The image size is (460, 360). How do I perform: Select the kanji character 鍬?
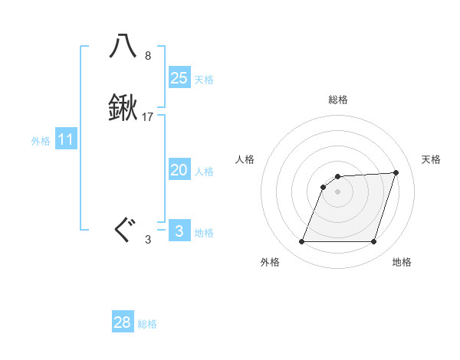[x=123, y=109]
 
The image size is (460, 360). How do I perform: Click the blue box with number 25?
[x=179, y=77]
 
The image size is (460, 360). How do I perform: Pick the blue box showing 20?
[x=179, y=170]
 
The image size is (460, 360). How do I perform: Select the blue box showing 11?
[x=66, y=140]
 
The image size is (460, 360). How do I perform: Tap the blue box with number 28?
[x=123, y=322]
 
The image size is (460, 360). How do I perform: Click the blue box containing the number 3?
[x=179, y=231]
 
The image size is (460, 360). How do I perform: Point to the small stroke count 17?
[x=148, y=117]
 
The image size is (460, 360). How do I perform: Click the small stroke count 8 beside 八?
[x=148, y=56]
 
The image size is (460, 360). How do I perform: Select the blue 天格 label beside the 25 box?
[x=204, y=80]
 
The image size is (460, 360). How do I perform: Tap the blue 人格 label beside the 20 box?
[x=204, y=172]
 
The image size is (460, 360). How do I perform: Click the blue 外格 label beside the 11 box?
[x=41, y=141]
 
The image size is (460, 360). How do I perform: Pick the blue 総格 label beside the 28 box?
[x=147, y=324]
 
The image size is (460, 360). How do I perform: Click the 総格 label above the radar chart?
[x=338, y=100]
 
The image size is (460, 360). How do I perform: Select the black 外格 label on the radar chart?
[x=270, y=262]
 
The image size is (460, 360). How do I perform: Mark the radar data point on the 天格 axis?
[x=396, y=172]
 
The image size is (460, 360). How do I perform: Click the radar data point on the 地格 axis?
[x=373, y=242]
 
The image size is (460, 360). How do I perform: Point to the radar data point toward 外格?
[x=302, y=242]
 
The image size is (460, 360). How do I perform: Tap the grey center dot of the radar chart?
[x=338, y=191]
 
